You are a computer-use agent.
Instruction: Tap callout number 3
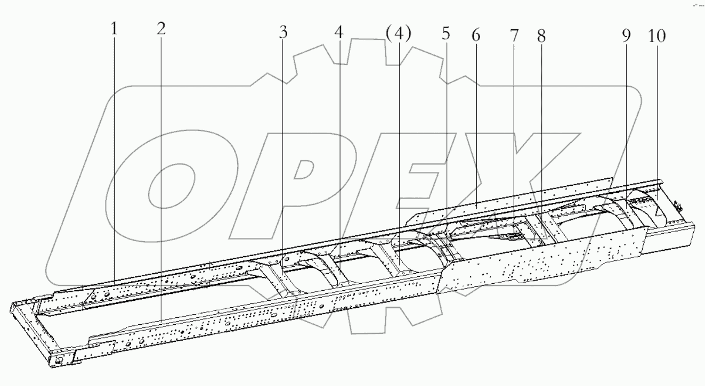point(283,32)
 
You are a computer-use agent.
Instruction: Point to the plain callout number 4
point(339,32)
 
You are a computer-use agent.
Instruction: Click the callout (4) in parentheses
point(398,34)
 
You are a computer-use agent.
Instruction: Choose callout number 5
point(445,34)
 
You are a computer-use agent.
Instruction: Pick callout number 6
point(475,36)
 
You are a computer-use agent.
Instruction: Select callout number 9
point(626,36)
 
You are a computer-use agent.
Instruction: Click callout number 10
point(657,36)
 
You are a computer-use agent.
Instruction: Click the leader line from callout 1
point(114,160)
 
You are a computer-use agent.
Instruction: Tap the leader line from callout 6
point(475,122)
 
